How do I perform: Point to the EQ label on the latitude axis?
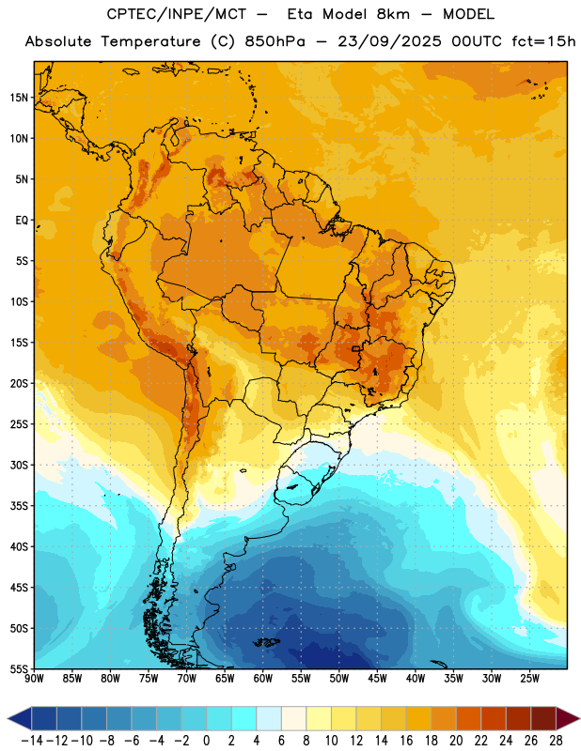click(22, 221)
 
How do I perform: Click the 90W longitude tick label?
click(34, 679)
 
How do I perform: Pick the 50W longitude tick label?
click(339, 679)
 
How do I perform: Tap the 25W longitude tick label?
click(529, 679)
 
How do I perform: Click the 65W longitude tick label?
click(225, 679)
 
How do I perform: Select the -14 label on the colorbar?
click(32, 741)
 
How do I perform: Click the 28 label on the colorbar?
click(556, 741)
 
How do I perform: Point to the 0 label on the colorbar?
click(206, 741)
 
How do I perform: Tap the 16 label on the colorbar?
click(406, 741)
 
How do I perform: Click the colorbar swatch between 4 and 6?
click(269, 718)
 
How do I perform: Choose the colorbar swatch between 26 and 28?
click(543, 718)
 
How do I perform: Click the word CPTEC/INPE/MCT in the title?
click(177, 14)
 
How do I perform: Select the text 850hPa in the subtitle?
click(275, 41)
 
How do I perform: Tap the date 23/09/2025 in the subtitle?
click(389, 41)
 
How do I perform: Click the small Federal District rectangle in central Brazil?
click(356, 348)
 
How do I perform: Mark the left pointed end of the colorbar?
click(8, 718)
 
